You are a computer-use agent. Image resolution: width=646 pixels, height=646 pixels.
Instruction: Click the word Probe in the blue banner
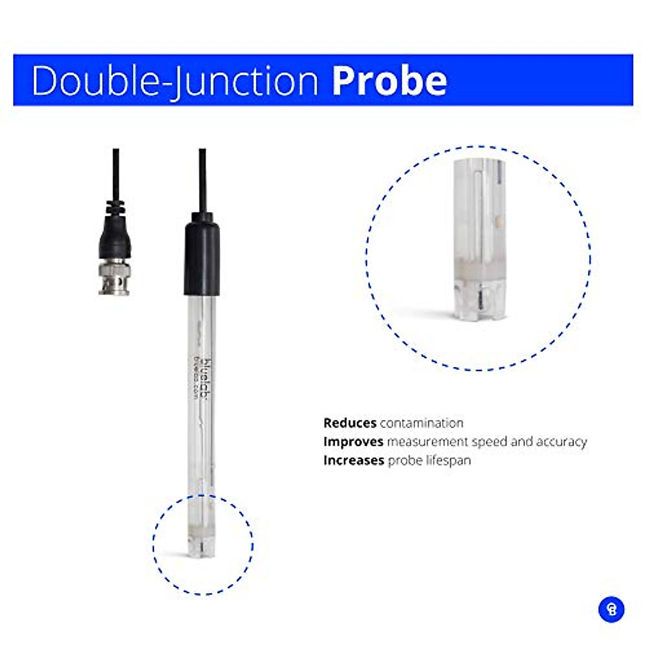389,81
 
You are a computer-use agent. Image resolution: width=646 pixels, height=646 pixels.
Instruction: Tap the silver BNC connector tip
114,277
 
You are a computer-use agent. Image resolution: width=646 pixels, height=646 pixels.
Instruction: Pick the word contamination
422,423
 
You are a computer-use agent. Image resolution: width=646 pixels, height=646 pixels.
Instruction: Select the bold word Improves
353,442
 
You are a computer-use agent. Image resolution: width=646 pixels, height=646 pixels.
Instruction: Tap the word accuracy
560,442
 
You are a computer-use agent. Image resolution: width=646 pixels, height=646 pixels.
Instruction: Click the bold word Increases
354,461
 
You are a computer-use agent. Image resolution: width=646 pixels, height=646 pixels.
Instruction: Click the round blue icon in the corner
611,609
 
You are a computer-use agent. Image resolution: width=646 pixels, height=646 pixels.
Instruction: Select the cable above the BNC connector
116,175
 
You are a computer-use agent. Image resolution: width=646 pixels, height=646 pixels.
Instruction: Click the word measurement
427,442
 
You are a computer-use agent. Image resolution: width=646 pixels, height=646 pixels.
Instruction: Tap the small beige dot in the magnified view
499,221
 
